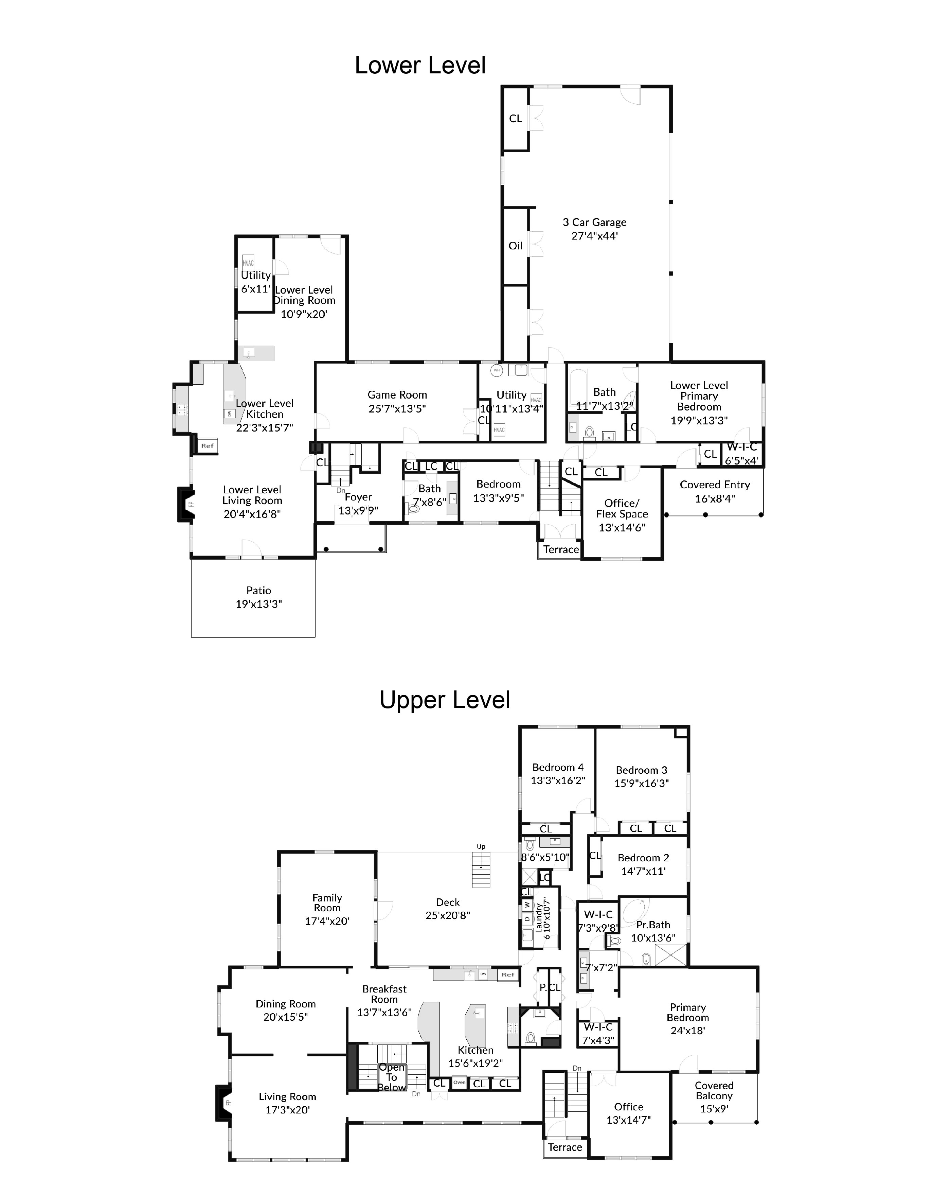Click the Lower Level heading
coord(420,65)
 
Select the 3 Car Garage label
coord(594,223)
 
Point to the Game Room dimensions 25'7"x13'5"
coord(397,409)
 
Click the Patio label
coord(258,591)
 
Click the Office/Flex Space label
coord(622,509)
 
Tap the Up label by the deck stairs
coord(481,847)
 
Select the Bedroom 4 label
coord(558,768)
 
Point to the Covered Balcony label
coord(714,1090)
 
